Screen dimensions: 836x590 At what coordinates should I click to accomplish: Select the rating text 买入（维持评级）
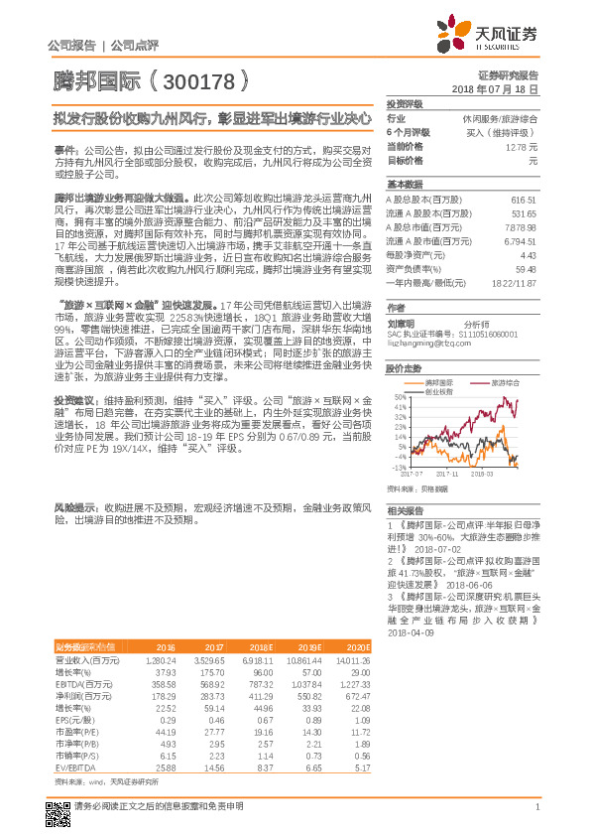click(x=506, y=132)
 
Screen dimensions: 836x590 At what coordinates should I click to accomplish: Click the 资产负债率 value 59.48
click(x=526, y=268)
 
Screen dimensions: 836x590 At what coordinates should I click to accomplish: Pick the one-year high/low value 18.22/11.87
click(x=515, y=282)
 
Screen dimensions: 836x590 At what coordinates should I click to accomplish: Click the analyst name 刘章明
click(x=401, y=324)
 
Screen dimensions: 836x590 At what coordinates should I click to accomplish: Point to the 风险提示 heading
click(x=75, y=506)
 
